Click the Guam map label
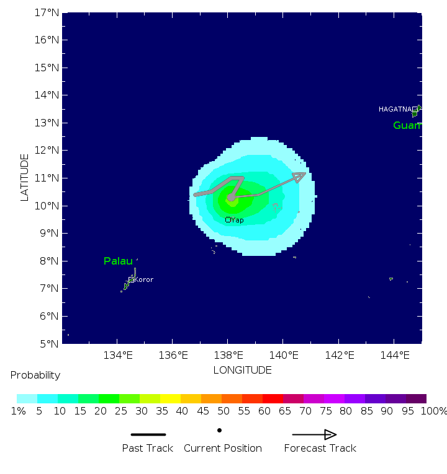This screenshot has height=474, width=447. (407, 126)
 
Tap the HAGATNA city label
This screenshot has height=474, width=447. (395, 110)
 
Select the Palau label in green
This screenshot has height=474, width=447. (118, 261)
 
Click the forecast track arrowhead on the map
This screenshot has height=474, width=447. (299, 177)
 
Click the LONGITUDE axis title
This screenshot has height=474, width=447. (242, 370)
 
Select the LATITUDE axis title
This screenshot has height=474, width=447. (25, 178)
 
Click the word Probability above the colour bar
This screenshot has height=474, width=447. (35, 375)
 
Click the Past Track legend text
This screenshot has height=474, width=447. (147, 448)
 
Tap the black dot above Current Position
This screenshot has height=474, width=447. (219, 430)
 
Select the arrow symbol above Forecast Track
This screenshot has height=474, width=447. (315, 435)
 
